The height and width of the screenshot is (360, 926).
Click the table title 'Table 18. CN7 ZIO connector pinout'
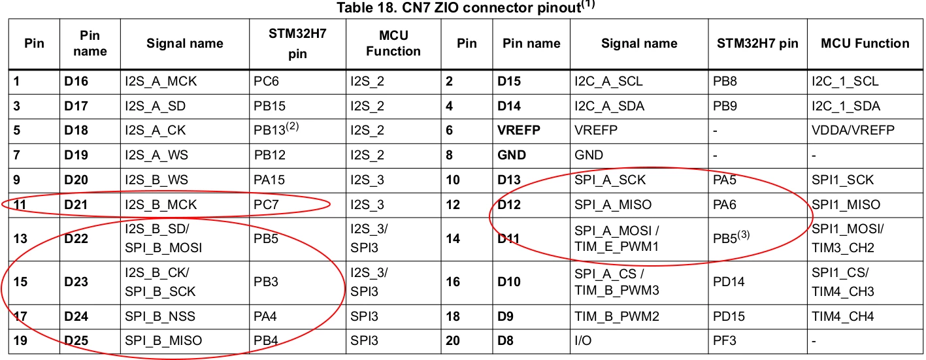click(459, 8)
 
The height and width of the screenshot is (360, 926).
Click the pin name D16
click(76, 81)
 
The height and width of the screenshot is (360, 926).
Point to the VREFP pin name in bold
click(518, 130)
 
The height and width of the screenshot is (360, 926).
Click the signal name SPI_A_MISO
click(612, 205)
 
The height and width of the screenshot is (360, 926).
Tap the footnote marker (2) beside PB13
click(292, 125)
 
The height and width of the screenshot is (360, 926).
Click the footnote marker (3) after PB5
click(743, 235)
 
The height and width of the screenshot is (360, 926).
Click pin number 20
click(453, 340)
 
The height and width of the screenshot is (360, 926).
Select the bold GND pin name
click(512, 155)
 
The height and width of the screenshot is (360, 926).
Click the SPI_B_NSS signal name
click(160, 317)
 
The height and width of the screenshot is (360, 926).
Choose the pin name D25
click(76, 340)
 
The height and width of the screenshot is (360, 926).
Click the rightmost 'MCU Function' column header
click(865, 43)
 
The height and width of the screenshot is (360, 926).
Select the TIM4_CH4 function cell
click(842, 317)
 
